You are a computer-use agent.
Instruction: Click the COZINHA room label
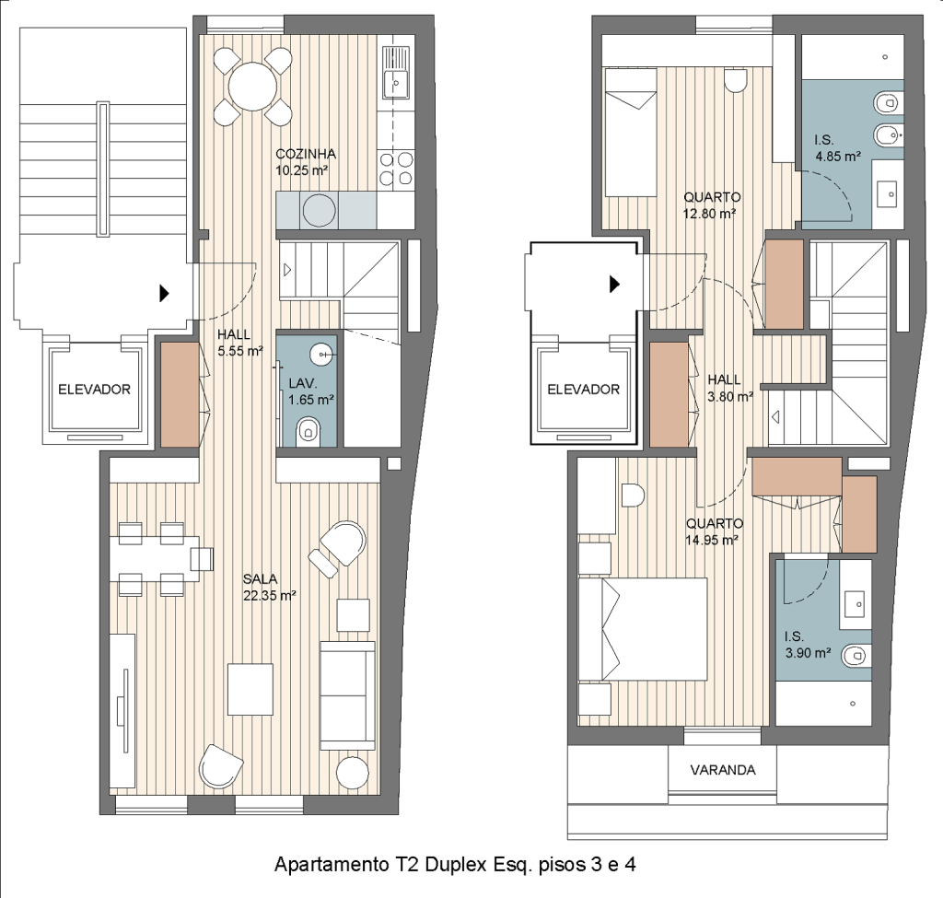point(306,154)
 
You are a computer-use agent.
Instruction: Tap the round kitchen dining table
point(253,87)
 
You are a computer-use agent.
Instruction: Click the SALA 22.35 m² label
point(269,588)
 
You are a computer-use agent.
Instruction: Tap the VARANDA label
point(722,770)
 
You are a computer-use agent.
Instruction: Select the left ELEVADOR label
point(95,390)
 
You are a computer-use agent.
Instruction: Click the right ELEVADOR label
point(583,390)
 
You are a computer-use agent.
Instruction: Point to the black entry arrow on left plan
point(164,294)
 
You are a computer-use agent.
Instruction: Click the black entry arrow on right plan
point(614,284)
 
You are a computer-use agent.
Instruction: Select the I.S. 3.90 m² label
point(808,644)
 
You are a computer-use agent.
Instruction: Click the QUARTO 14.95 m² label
point(714,531)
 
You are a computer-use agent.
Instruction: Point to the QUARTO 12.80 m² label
point(712,205)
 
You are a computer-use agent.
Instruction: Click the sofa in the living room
point(347,695)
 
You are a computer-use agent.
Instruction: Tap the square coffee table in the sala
point(250,689)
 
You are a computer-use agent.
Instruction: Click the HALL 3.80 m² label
point(729,388)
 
